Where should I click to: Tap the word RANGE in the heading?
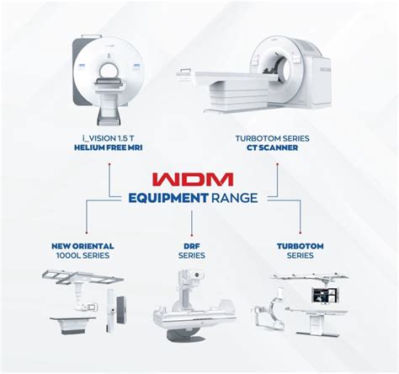click(x=236, y=199)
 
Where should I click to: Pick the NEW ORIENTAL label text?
click(x=82, y=246)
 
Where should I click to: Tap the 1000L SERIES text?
click(x=82, y=256)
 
